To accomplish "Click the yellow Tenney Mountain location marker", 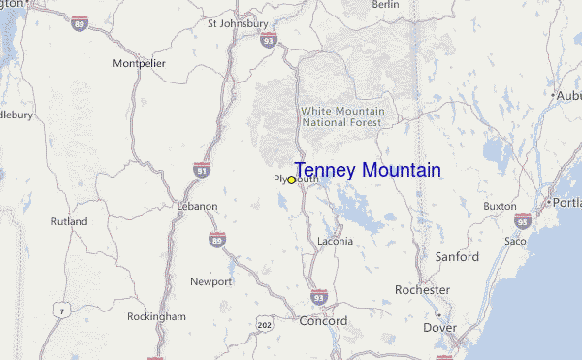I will [x=291, y=180].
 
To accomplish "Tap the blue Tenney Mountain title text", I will [x=367, y=171].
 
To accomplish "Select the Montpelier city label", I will [x=141, y=63].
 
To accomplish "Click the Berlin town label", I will [x=385, y=5].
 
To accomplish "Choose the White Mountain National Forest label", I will [x=342, y=116].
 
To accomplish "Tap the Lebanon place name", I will [x=197, y=207].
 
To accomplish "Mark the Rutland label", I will [x=69, y=221].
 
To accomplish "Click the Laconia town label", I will [x=337, y=241].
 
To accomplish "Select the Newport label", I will [x=210, y=282].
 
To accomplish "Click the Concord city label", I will [x=323, y=321].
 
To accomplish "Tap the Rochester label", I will [x=422, y=290].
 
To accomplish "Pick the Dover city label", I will [x=440, y=328].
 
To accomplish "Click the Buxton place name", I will [x=501, y=206].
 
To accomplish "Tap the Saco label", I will [x=515, y=240].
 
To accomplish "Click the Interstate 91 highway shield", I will [x=202, y=170].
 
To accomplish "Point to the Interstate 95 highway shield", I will [x=523, y=220].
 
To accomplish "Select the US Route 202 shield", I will [x=265, y=321].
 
